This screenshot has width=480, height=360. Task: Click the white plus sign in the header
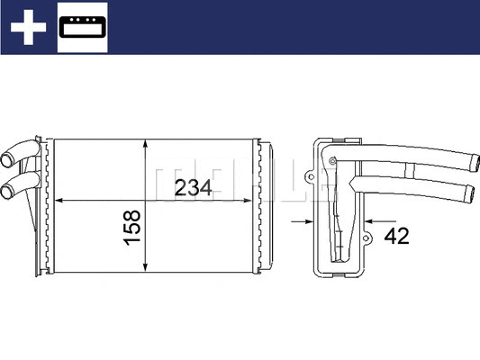pos(28,28)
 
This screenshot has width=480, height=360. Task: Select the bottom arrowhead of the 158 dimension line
pos(147,266)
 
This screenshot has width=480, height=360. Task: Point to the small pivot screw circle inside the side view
pos(333,162)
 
